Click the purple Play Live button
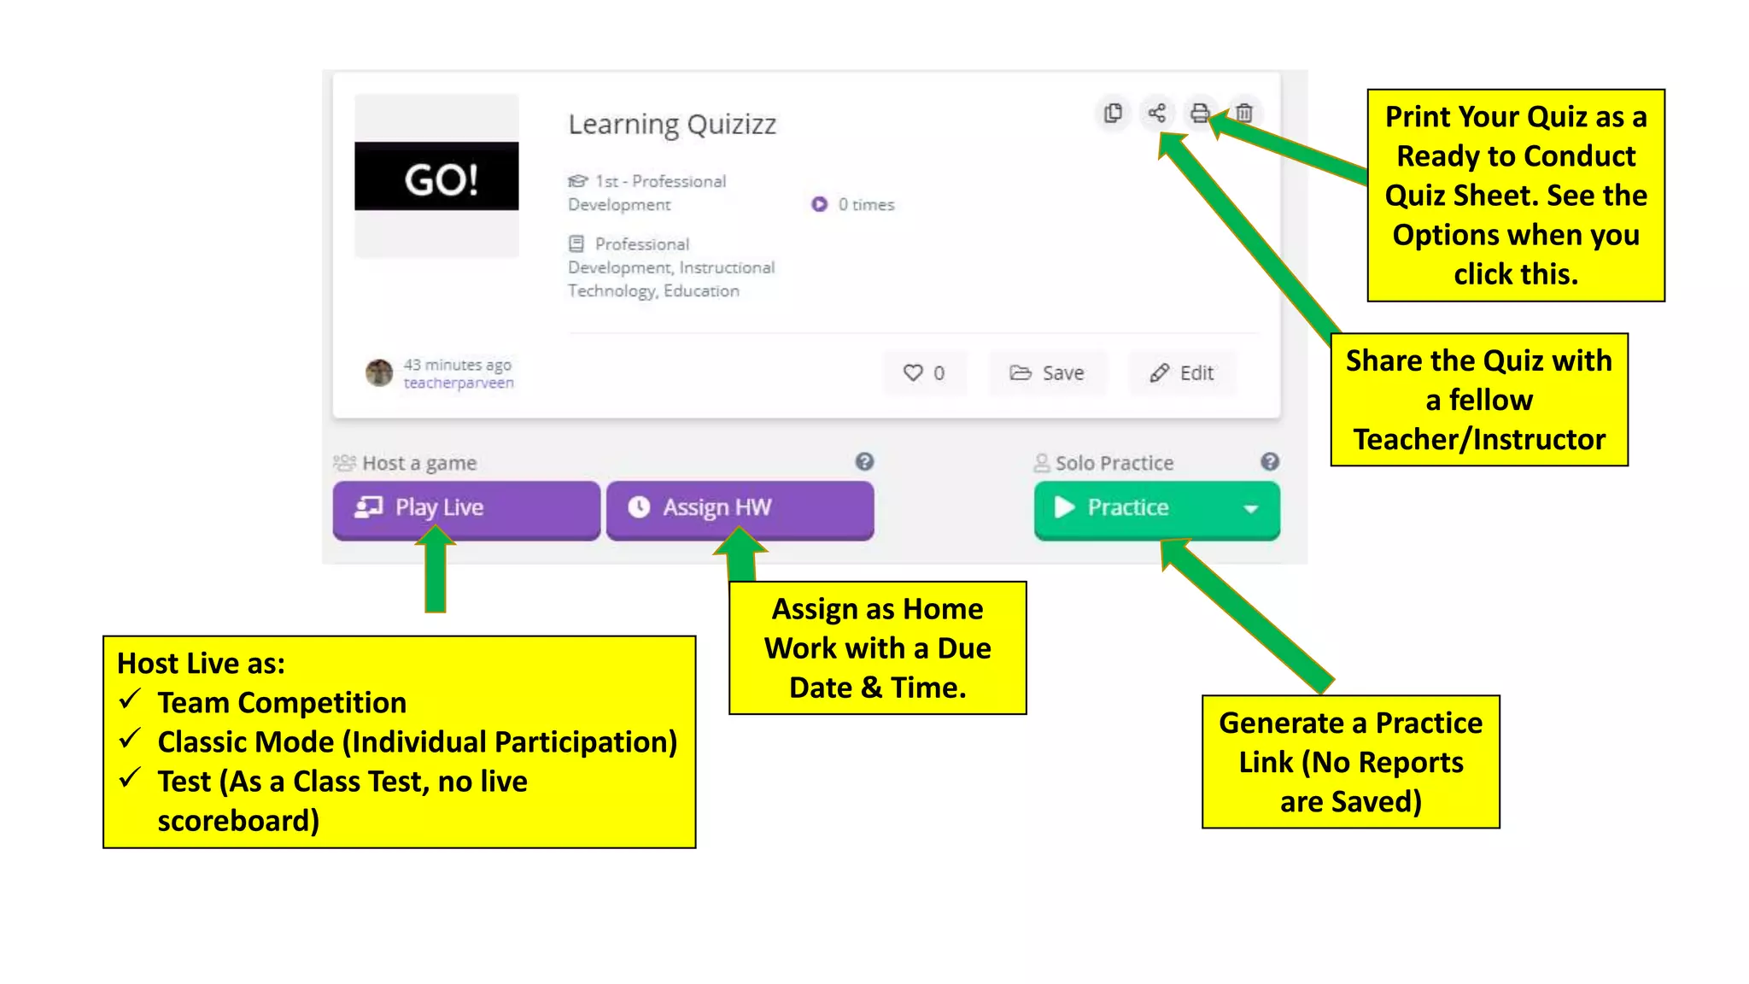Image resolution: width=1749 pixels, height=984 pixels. (465, 508)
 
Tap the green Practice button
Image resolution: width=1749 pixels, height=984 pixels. (1127, 508)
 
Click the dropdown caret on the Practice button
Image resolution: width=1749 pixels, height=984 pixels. (1251, 509)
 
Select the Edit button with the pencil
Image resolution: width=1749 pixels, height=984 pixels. (1182, 373)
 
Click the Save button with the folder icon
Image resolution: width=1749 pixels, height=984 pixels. (1047, 373)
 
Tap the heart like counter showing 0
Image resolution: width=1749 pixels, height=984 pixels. (924, 373)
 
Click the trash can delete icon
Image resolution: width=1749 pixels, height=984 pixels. (1244, 113)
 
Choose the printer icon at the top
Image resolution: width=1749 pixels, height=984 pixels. (1200, 113)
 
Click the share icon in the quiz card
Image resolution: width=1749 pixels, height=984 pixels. (1156, 113)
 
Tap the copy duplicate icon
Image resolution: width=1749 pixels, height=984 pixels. (1113, 113)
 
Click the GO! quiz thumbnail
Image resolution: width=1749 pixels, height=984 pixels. (436, 176)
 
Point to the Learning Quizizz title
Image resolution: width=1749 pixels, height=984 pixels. (672, 125)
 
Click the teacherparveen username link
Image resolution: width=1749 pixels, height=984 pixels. (459, 384)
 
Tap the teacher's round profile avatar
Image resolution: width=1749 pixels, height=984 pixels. (379, 372)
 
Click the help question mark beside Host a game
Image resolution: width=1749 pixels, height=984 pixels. (864, 462)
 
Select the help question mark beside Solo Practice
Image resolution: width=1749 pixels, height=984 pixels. (1270, 462)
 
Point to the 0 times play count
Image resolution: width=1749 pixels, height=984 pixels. (854, 205)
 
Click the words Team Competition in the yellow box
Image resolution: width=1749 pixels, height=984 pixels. (282, 703)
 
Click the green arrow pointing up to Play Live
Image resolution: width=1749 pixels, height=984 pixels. (436, 572)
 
